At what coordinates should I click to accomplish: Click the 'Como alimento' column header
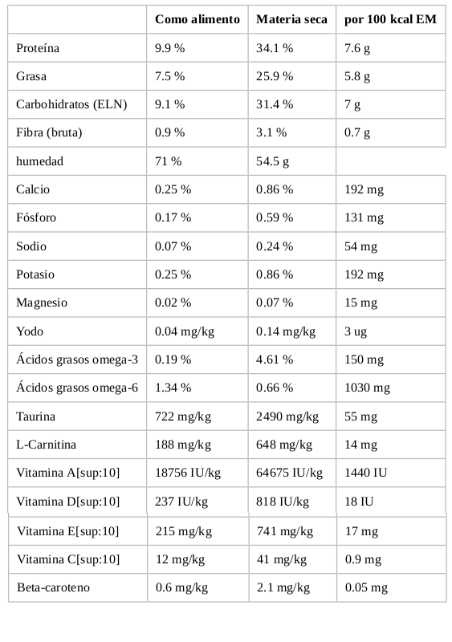(x=197, y=19)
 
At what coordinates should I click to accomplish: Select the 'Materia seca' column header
(x=291, y=19)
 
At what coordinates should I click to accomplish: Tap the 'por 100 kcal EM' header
(x=390, y=19)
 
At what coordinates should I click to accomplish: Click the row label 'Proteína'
(x=38, y=48)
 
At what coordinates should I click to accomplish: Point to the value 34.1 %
(x=275, y=48)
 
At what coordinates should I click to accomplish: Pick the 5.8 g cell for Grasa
(x=357, y=76)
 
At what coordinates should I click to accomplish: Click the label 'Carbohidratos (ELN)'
(x=71, y=104)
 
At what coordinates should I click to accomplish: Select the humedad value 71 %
(x=168, y=161)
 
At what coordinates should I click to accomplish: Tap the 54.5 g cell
(x=272, y=161)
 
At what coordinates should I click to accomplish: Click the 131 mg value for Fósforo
(x=364, y=217)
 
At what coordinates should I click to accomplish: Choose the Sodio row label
(x=31, y=246)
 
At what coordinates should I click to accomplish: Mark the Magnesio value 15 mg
(x=360, y=303)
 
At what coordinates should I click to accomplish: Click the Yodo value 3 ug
(x=356, y=331)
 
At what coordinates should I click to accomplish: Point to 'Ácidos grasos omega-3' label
(x=77, y=360)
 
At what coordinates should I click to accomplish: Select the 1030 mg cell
(x=367, y=388)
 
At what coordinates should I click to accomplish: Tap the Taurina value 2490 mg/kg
(x=287, y=416)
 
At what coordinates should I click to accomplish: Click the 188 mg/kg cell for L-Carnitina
(x=183, y=445)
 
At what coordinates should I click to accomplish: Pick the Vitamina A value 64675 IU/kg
(x=289, y=473)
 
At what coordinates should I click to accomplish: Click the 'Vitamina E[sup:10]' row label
(x=68, y=531)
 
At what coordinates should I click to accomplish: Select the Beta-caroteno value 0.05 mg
(x=366, y=587)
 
